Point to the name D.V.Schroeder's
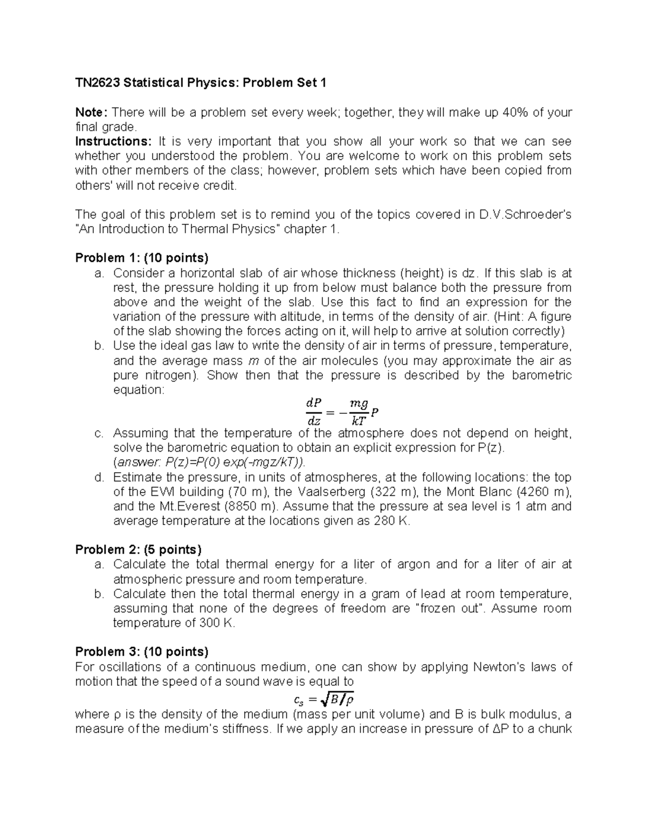(x=525, y=214)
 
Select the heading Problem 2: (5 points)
(x=138, y=549)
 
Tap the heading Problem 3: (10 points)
(x=141, y=651)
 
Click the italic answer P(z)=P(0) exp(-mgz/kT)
(x=209, y=462)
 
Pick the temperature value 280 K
(x=392, y=521)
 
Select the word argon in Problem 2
(x=415, y=564)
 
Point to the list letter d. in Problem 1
(x=98, y=477)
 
